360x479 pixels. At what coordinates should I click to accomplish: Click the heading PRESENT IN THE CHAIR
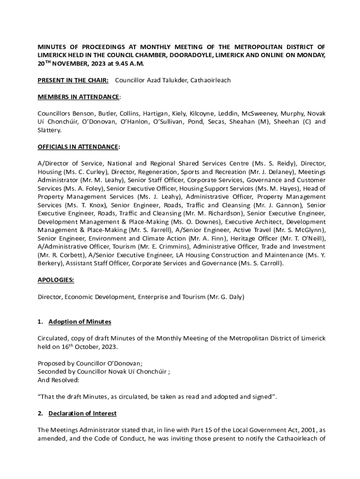coord(73,80)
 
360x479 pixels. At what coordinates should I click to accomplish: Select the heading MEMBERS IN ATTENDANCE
coord(79,97)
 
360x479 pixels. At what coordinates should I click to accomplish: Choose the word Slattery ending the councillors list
coord(50,130)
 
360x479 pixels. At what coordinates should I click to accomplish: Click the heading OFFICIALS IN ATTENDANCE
coord(79,147)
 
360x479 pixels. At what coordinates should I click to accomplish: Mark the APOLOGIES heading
coord(56,280)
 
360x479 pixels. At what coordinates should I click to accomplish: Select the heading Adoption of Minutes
coord(80,322)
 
